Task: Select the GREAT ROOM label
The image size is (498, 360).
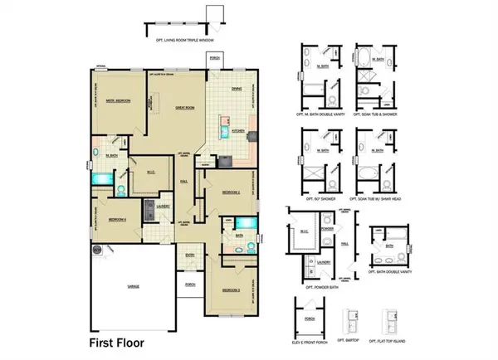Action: point(184,106)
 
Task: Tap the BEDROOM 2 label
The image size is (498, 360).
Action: point(232,192)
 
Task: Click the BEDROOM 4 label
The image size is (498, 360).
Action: point(117,219)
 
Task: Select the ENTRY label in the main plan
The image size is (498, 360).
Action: point(190,255)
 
